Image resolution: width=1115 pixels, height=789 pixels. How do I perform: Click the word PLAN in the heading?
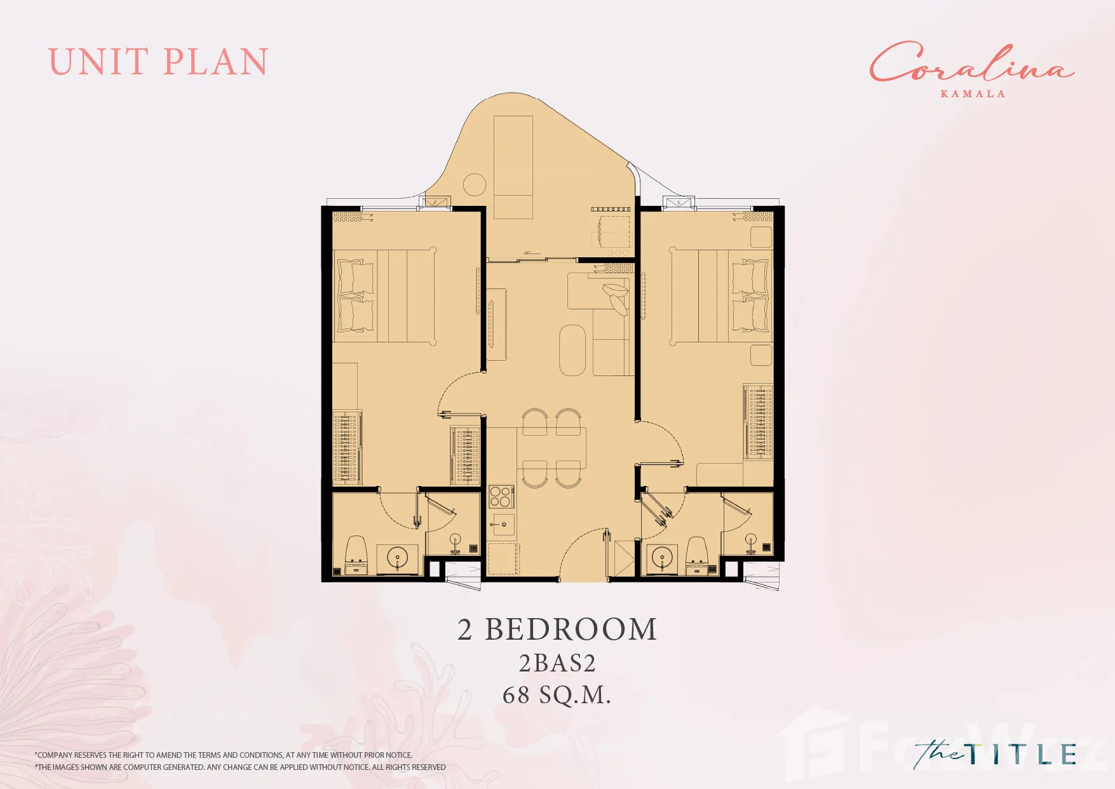click(216, 62)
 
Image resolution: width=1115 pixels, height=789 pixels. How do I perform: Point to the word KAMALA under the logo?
click(973, 94)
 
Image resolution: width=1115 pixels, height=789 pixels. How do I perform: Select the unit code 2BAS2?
click(557, 663)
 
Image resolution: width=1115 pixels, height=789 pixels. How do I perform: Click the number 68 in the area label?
click(516, 695)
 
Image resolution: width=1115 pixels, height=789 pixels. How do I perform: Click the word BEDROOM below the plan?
click(571, 630)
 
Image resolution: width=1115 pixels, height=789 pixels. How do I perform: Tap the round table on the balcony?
click(475, 185)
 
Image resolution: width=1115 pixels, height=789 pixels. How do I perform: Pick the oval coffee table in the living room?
click(572, 351)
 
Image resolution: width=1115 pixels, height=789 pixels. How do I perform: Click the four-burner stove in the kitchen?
click(501, 497)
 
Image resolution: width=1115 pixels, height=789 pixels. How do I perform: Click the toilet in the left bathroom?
click(356, 555)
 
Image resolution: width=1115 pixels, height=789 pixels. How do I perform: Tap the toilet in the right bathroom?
click(697, 555)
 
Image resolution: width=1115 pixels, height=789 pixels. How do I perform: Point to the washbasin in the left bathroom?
click(398, 558)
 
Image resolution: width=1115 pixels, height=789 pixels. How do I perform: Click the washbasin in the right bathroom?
click(661, 558)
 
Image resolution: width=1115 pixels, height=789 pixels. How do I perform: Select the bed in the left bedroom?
click(384, 296)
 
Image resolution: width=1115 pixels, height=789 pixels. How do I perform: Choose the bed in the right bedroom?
click(720, 296)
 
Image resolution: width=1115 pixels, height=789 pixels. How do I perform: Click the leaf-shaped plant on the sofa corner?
click(615, 296)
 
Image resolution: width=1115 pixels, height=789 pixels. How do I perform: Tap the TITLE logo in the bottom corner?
click(996, 755)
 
